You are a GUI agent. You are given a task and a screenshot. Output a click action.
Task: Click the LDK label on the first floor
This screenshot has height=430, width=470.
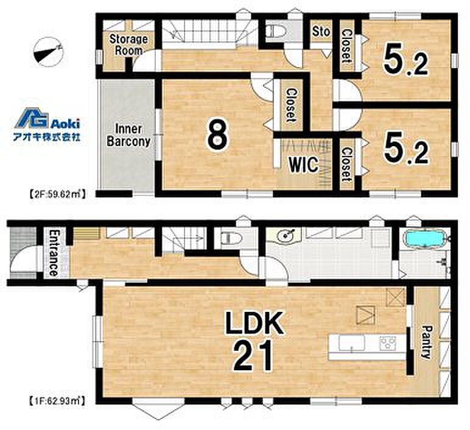(254, 323)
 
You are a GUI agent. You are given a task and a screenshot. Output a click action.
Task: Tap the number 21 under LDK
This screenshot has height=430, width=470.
(253, 356)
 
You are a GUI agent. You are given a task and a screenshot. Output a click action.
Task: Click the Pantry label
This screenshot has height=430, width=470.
(426, 342)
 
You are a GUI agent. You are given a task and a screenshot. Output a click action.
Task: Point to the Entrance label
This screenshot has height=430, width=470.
(53, 253)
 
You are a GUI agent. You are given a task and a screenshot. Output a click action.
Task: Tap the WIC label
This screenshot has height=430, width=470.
(303, 164)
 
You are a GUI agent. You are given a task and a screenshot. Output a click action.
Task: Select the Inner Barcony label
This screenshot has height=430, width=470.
(128, 136)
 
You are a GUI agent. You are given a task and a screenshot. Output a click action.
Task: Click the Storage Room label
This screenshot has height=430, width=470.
(128, 44)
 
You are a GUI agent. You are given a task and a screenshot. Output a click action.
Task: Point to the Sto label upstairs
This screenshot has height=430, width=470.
(321, 31)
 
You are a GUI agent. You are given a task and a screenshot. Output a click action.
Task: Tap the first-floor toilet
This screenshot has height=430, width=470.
(231, 238)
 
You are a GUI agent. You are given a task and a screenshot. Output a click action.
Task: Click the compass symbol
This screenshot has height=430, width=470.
(49, 52)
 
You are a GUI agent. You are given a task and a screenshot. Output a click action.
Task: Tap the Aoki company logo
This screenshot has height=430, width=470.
(47, 124)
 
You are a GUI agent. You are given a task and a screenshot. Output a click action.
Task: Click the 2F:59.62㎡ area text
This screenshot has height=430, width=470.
(57, 194)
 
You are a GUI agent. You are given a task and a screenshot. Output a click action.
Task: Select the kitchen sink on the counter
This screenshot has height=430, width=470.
(351, 343)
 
